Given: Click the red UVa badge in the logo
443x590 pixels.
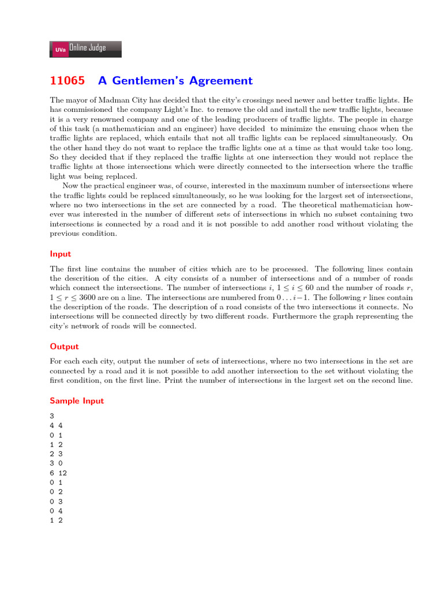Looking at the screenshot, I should pyautogui.click(x=60, y=50).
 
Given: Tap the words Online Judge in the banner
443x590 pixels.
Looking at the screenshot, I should pyautogui.click(x=88, y=48).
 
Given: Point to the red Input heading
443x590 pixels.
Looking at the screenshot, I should pyautogui.click(x=60, y=254).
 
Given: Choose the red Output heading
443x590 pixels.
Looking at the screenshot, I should pyautogui.click(x=64, y=346).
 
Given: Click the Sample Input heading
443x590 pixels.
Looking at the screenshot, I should pyautogui.click(x=77, y=400).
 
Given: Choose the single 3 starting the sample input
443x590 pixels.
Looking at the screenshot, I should pyautogui.click(x=52, y=415).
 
